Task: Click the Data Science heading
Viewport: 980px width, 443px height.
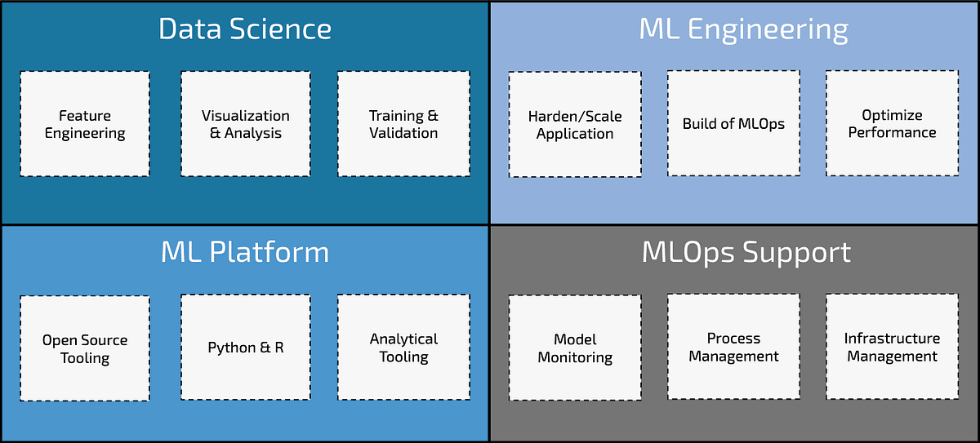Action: tap(245, 29)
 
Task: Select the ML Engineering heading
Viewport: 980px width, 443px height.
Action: tap(743, 29)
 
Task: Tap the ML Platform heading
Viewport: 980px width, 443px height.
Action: tap(245, 252)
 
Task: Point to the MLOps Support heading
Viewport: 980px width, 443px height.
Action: tap(746, 252)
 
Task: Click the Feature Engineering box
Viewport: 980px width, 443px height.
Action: tap(85, 124)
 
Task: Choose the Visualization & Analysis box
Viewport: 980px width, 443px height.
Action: tap(245, 124)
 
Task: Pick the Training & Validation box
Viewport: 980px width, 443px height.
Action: tap(403, 124)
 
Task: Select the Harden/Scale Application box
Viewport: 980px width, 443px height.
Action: tap(575, 124)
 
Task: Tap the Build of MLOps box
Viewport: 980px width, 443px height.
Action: tap(733, 124)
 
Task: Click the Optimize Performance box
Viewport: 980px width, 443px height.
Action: tap(892, 124)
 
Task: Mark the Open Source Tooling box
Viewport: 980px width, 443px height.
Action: tap(85, 348)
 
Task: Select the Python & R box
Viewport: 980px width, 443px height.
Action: tap(245, 348)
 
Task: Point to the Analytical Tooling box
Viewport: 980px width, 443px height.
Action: tap(403, 348)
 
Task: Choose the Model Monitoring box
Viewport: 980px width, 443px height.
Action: tap(575, 348)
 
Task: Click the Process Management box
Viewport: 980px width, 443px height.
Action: tap(733, 348)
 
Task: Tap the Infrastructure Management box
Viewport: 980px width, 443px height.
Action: tap(892, 348)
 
